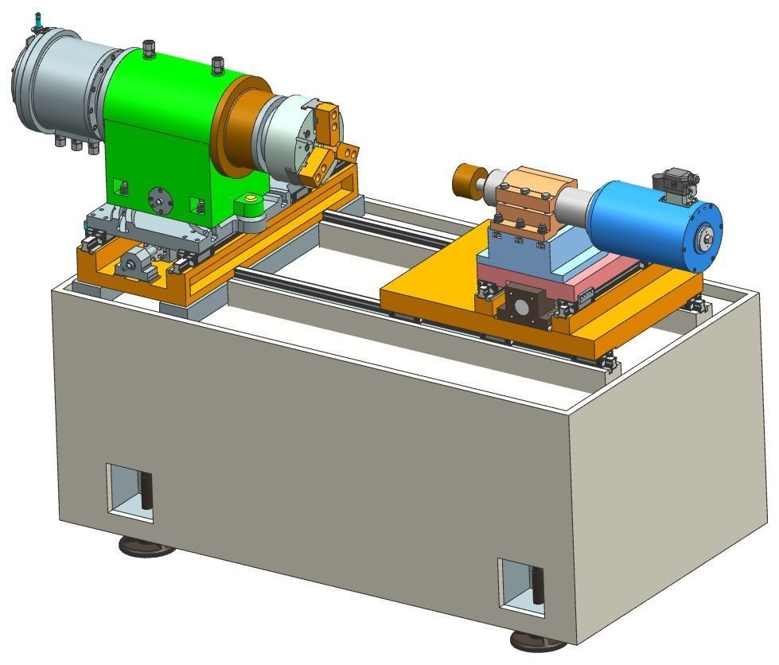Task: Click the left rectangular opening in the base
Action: (129, 492)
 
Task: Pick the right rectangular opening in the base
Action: (521, 587)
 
